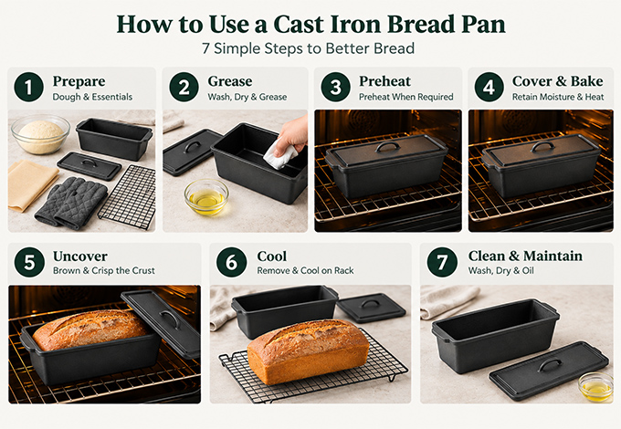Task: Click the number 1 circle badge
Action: click(28, 87)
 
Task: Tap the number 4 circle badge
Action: click(489, 87)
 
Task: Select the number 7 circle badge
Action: click(442, 262)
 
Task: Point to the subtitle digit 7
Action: click(205, 48)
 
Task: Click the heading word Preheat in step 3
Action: click(385, 81)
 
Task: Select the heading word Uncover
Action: click(80, 256)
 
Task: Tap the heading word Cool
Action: click(272, 256)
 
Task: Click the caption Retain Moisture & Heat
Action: click(558, 97)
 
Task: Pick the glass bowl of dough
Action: click(40, 134)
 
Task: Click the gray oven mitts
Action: click(71, 203)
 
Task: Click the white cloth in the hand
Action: click(280, 154)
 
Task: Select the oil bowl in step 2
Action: click(206, 196)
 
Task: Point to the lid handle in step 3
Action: click(387, 147)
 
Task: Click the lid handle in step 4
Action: click(542, 146)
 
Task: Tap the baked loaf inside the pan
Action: click(90, 330)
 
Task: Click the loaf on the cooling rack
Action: click(308, 351)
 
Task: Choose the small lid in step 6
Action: click(371, 308)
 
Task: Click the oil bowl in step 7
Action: click(596, 387)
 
